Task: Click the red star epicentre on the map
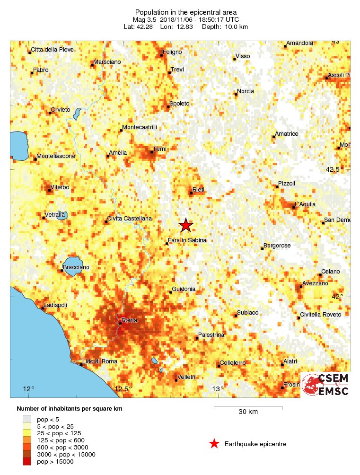pos(186,225)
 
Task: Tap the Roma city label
pos(129,320)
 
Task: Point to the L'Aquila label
pos(305,204)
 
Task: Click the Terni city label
pos(159,149)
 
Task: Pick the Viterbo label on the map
pos(60,187)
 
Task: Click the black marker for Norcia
pos(236,94)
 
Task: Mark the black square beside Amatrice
pos(273,137)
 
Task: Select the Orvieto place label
pos(61,110)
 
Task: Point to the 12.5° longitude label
pos(123,389)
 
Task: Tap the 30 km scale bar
pos(248,407)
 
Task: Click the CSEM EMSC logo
pos(325,385)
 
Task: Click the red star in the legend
pos(214,443)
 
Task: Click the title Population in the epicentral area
pos(185,12)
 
